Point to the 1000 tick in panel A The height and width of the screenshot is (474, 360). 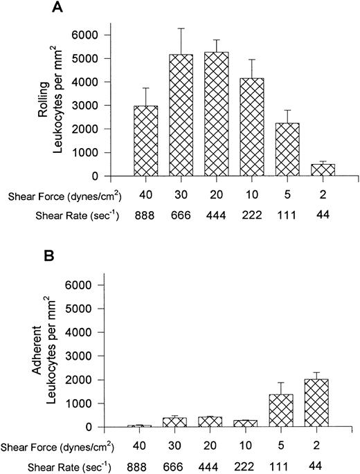tap(105, 152)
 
